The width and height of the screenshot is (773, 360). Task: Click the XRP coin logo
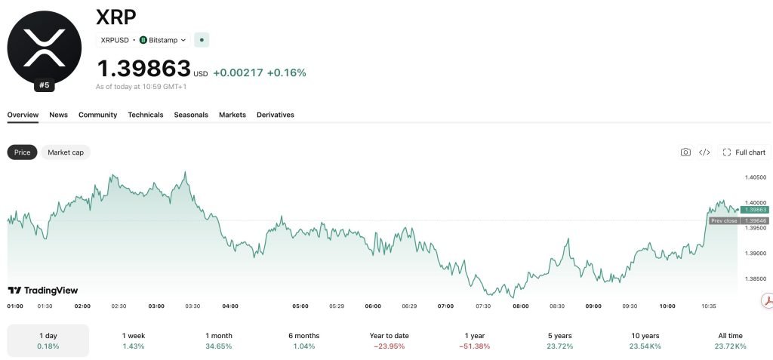pyautogui.click(x=45, y=48)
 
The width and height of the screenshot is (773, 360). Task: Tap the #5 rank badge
pyautogui.click(x=45, y=85)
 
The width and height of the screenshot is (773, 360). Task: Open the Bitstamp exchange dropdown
pyautogui.click(x=163, y=40)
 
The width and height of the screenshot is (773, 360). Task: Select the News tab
pyautogui.click(x=58, y=115)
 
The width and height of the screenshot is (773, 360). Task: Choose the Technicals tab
pyautogui.click(x=146, y=115)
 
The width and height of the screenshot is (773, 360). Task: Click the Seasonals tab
pyautogui.click(x=191, y=115)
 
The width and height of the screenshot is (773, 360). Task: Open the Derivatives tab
pyautogui.click(x=275, y=115)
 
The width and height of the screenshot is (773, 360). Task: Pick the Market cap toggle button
pyautogui.click(x=66, y=152)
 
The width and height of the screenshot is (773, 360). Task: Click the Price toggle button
pyautogui.click(x=22, y=152)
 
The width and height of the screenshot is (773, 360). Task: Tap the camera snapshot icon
pyautogui.click(x=685, y=152)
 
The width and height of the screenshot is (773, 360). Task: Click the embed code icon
pyautogui.click(x=704, y=152)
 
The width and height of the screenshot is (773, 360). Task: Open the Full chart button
pyautogui.click(x=744, y=152)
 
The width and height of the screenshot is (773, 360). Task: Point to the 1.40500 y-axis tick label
pyautogui.click(x=756, y=177)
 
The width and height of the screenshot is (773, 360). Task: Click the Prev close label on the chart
pyautogui.click(x=724, y=221)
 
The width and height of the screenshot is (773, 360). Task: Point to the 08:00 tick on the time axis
pyautogui.click(x=521, y=306)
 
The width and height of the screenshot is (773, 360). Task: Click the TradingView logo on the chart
pyautogui.click(x=43, y=291)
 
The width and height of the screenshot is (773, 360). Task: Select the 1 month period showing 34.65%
pyautogui.click(x=219, y=341)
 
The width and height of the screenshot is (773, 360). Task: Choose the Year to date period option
pyautogui.click(x=390, y=341)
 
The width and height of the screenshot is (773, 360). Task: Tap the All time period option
pyautogui.click(x=731, y=341)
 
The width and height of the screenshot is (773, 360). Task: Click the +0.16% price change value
pyautogui.click(x=286, y=73)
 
